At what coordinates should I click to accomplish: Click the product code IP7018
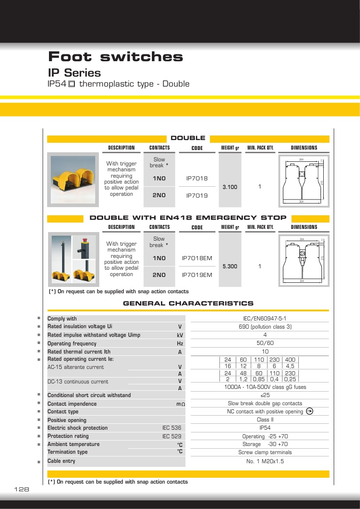[x=197, y=179]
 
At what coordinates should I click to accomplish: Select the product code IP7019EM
[x=197, y=275]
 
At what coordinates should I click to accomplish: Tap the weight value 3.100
[x=230, y=187]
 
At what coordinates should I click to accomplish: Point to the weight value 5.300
[x=230, y=267]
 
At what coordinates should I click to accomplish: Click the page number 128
[x=22, y=490]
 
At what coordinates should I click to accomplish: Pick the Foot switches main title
[x=116, y=57]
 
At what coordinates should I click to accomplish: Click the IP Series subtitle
[x=74, y=73]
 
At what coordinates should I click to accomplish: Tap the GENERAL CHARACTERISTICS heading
[x=188, y=303]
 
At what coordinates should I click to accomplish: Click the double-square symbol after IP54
[x=72, y=84]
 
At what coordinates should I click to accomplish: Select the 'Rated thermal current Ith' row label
[x=79, y=352]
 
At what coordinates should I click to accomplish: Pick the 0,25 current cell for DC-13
[x=290, y=379]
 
